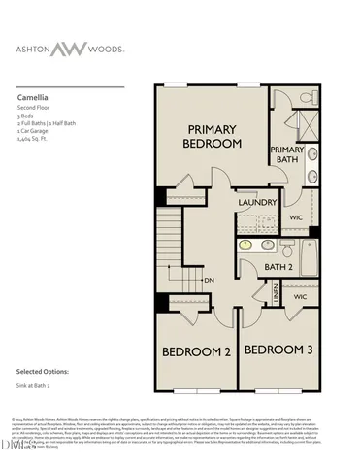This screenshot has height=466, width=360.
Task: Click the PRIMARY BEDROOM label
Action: (x=213, y=136)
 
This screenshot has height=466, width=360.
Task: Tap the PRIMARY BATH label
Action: (x=286, y=155)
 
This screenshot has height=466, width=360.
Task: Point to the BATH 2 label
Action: (x=278, y=266)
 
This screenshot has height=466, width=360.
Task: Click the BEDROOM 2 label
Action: (x=195, y=351)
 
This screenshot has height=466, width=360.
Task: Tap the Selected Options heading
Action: (x=42, y=372)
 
